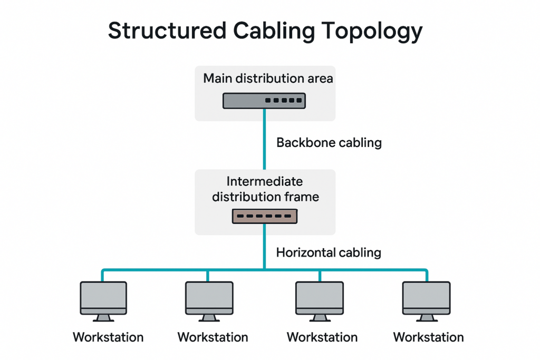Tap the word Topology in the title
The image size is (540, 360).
[372, 32]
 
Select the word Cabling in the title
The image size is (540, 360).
[274, 32]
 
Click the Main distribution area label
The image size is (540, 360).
[268, 79]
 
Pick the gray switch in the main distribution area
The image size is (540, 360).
[264, 100]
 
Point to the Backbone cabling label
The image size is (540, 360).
[329, 142]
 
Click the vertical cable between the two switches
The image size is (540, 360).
[264, 140]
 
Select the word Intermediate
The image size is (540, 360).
[265, 182]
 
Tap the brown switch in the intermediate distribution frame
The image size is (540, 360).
[265, 216]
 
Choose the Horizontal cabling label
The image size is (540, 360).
[328, 252]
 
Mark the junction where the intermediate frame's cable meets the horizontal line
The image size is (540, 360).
[264, 270]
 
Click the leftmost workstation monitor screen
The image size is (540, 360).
[103, 295]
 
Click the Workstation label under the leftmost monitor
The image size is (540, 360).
[108, 337]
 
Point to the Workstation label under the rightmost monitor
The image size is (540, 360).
[428, 337]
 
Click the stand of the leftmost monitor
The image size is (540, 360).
[103, 317]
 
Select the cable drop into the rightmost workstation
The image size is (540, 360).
[427, 276]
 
